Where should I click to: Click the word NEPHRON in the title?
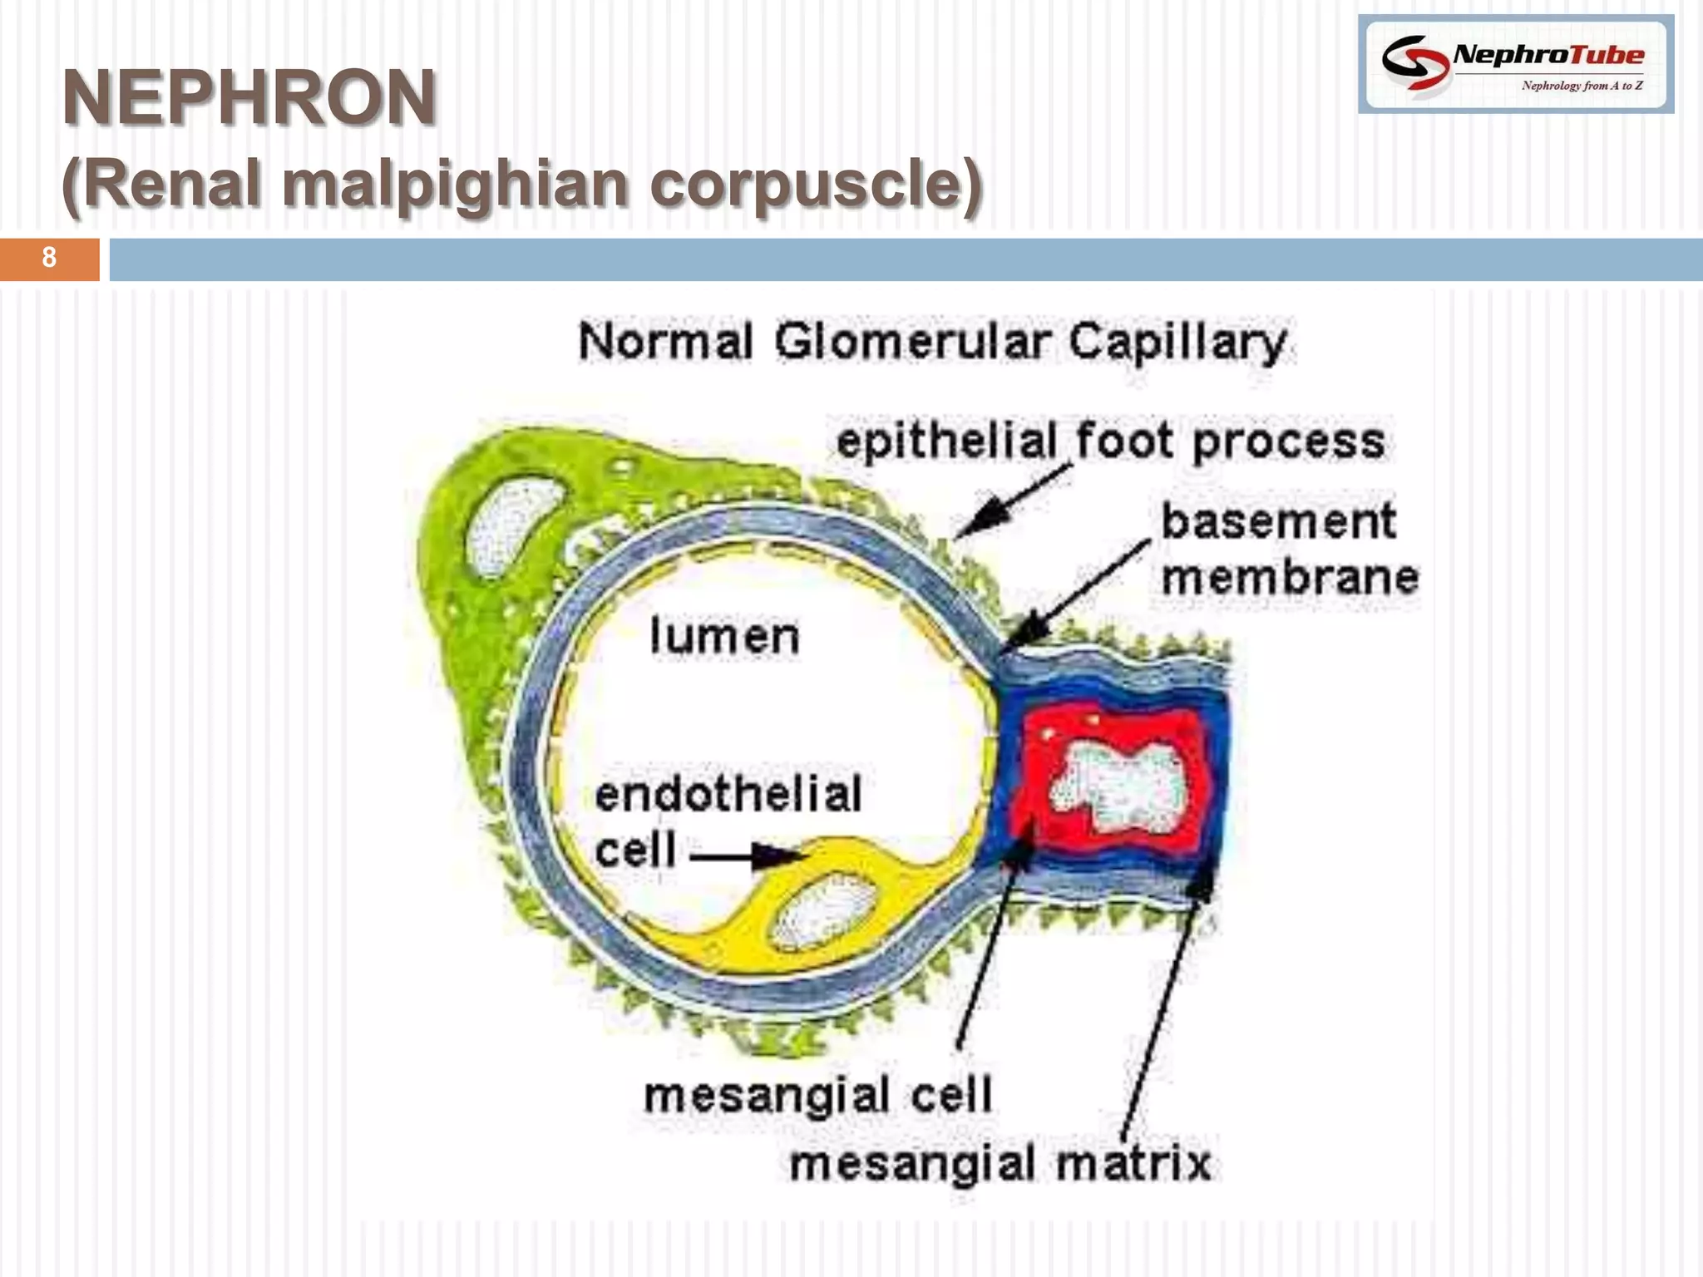249,98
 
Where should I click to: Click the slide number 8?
49,258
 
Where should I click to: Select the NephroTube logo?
1515,64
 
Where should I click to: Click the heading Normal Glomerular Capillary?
933,343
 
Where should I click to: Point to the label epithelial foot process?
1110,441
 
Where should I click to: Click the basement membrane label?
1289,549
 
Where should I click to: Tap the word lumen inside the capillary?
723,637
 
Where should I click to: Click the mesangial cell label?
818,1095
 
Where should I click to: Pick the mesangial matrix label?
1000,1163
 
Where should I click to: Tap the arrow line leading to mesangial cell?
985,956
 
